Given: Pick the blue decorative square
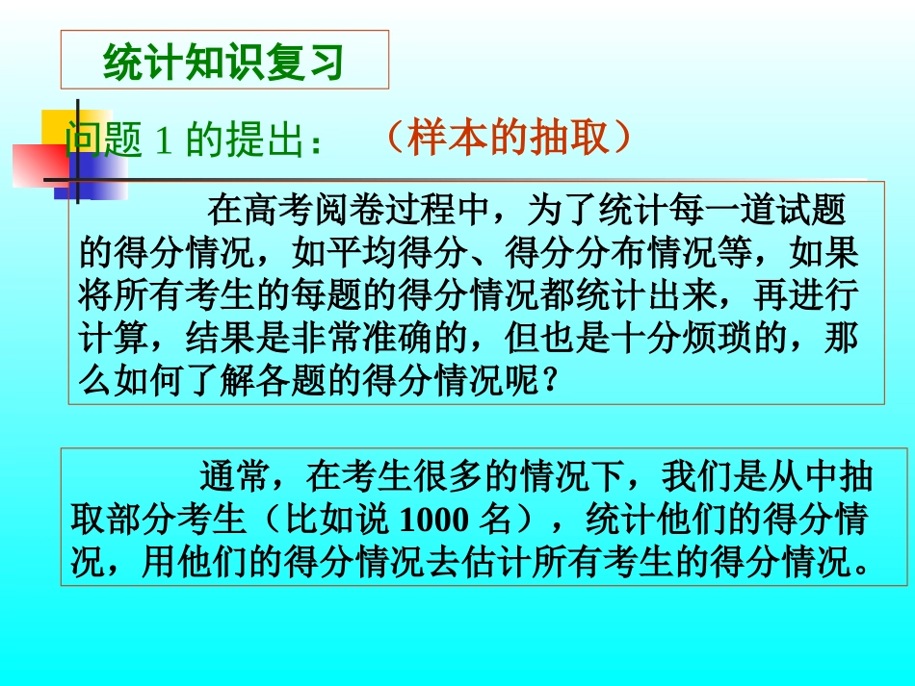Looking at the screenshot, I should [x=96, y=173].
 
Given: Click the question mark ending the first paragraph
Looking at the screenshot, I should [x=549, y=382].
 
